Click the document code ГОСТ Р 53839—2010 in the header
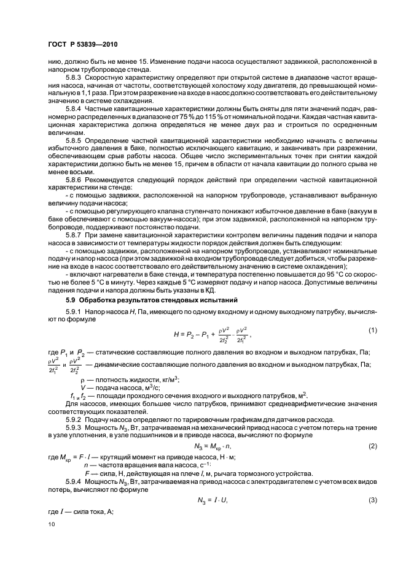click(82, 45)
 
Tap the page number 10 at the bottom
click(51, 524)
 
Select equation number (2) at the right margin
click(372, 446)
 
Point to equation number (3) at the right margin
click(372, 501)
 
